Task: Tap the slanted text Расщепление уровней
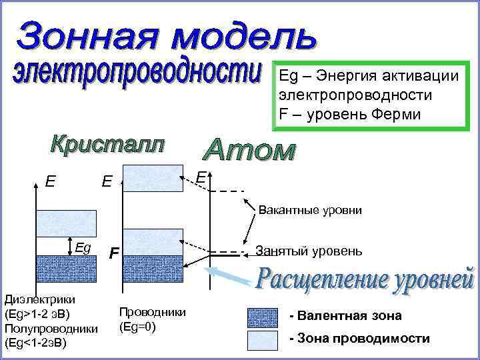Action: (365, 283)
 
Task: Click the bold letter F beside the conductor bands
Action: (115, 253)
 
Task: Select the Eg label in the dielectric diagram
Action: (83, 247)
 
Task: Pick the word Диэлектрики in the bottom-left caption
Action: (39, 300)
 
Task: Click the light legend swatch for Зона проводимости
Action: (262, 339)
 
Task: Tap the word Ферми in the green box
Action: (396, 113)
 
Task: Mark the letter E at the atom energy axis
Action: (201, 177)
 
